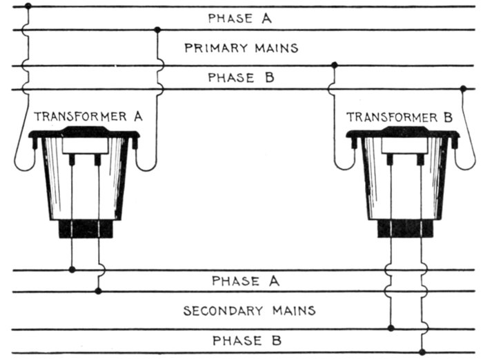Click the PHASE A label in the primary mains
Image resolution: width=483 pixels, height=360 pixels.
coord(240,19)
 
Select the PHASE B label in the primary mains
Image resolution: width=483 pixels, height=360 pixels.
coord(240,77)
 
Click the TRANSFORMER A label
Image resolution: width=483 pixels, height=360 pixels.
coord(88,117)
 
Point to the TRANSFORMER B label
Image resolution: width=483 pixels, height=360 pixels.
coord(401,117)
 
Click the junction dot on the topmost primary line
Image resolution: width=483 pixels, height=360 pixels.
coord(28,6)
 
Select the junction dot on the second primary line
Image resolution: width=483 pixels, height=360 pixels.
coord(158,30)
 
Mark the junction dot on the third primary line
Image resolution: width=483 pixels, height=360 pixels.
coord(335,65)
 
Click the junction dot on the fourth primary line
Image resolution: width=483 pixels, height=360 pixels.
coord(463,88)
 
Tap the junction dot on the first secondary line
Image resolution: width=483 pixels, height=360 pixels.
coord(72,269)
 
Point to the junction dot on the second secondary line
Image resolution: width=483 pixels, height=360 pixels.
coord(99,291)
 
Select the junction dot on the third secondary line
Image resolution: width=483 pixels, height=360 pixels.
coord(391,328)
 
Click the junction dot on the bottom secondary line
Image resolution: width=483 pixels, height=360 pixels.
coord(422,352)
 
